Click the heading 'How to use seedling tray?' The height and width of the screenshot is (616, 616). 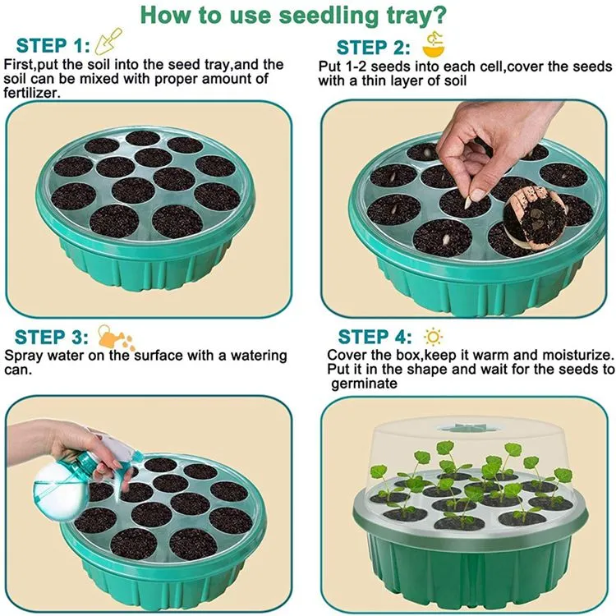pyautogui.click(x=306, y=15)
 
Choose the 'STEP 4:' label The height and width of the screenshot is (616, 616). pyautogui.click(x=375, y=337)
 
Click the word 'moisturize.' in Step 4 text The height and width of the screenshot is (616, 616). pyautogui.click(x=575, y=355)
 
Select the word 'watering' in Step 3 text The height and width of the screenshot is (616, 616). pyautogui.click(x=259, y=356)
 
